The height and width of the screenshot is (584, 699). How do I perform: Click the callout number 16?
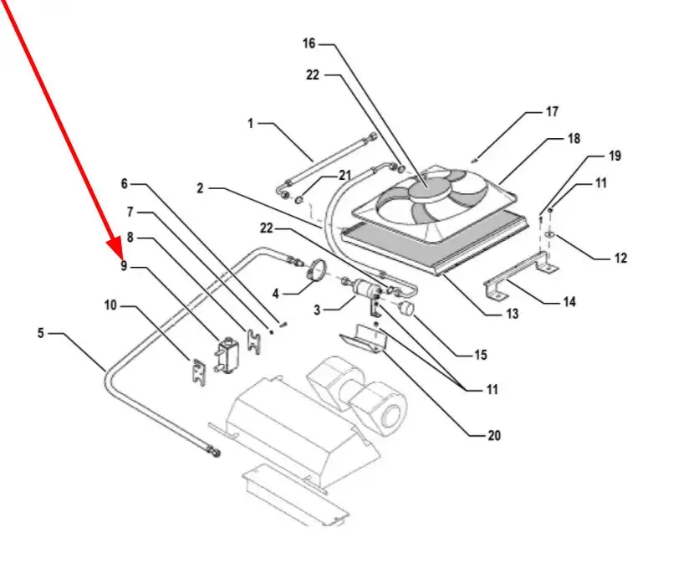click(x=309, y=44)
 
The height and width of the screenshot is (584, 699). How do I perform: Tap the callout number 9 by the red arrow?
click(x=124, y=266)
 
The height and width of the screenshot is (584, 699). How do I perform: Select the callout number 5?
click(x=41, y=333)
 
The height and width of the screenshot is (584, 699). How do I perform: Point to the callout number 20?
click(x=494, y=435)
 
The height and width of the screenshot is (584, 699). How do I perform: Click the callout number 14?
click(x=569, y=302)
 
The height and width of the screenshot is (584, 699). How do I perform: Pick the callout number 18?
click(x=574, y=139)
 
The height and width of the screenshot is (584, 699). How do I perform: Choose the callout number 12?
click(x=620, y=258)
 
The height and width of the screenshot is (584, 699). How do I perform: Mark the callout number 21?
click(x=344, y=176)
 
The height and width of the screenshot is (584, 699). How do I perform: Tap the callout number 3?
click(x=317, y=310)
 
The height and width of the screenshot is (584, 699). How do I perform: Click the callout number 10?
click(x=110, y=305)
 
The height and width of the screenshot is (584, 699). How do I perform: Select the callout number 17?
click(x=552, y=111)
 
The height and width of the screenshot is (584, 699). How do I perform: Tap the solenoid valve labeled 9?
click(x=227, y=355)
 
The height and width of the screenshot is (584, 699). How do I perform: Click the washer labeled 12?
click(x=549, y=233)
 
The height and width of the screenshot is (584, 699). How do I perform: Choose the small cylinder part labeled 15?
click(x=406, y=308)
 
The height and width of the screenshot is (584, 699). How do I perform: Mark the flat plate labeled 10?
click(x=198, y=372)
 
